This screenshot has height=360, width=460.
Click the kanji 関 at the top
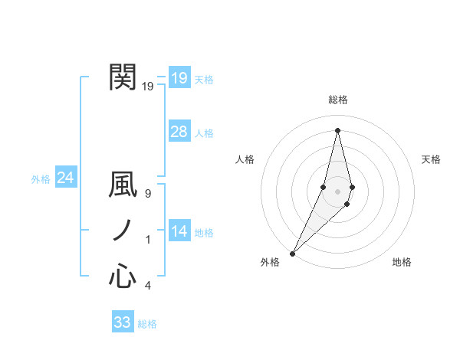tap(123, 77)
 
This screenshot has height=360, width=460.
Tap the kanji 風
tap(123, 188)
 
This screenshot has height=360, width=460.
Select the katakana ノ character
tap(123, 231)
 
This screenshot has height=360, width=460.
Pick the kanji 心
tap(123, 276)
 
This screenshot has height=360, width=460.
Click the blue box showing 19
tap(179, 77)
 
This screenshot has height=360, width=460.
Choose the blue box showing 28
tap(179, 132)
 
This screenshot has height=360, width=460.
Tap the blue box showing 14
tap(179, 231)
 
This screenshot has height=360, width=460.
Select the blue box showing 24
tap(65, 178)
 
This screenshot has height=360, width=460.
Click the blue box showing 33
tap(122, 322)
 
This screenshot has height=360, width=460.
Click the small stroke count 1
tap(148, 240)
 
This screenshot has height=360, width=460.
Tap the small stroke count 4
tap(148, 286)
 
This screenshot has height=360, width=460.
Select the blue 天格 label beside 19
tap(204, 80)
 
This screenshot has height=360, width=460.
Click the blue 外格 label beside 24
tap(41, 179)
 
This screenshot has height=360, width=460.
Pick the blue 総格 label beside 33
tap(147, 324)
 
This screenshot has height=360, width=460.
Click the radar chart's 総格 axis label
tap(337, 100)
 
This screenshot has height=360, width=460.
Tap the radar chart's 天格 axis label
tap(431, 159)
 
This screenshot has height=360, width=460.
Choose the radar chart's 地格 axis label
tap(402, 262)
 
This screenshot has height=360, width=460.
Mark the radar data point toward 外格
tap(293, 253)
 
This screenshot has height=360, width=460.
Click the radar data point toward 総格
tap(337, 129)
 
